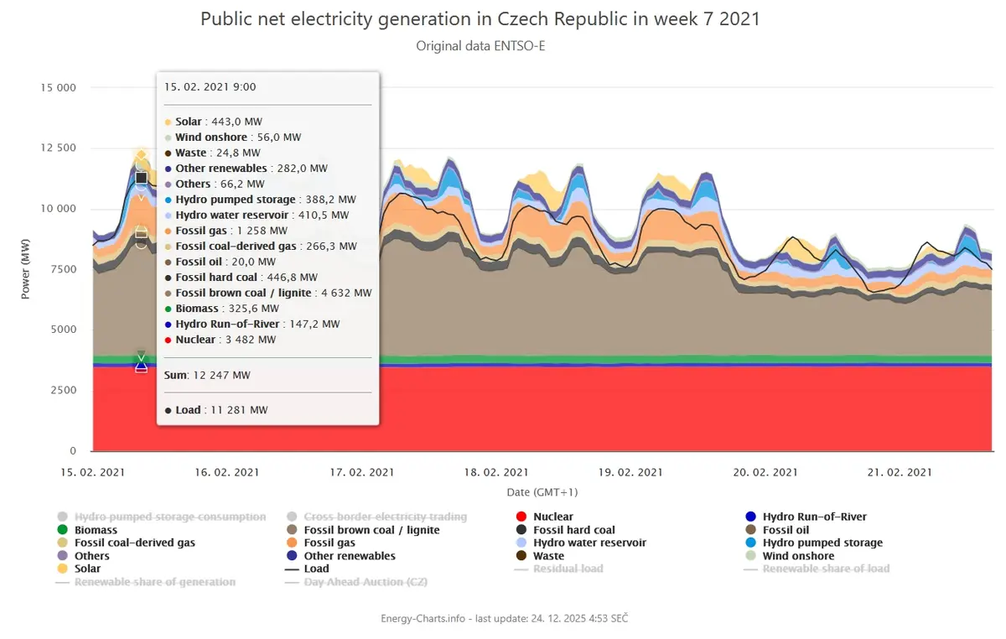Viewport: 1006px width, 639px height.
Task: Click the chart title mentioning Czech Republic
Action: click(x=480, y=19)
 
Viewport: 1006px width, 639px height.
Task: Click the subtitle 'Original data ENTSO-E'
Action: click(x=480, y=46)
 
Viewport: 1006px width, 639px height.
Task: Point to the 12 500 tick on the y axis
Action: click(x=59, y=148)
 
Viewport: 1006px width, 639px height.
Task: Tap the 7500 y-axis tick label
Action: click(x=64, y=268)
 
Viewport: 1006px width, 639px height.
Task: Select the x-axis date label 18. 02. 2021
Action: click(x=495, y=472)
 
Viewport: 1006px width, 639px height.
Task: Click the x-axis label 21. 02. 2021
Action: click(x=900, y=472)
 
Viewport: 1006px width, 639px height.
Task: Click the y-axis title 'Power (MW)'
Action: click(x=25, y=268)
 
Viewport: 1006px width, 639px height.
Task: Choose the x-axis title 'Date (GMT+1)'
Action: click(x=542, y=492)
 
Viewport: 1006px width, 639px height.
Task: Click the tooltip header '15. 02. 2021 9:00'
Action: click(x=210, y=86)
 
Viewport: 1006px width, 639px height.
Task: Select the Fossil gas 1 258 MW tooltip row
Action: click(x=226, y=231)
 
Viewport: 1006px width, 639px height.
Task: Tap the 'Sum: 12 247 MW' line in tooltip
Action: click(x=207, y=375)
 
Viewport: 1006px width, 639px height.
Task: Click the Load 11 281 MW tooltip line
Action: click(x=216, y=410)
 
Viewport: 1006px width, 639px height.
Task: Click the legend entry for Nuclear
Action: click(x=544, y=517)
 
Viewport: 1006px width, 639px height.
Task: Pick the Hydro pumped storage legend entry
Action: click(x=814, y=543)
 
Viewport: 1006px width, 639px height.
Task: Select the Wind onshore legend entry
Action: click(x=790, y=555)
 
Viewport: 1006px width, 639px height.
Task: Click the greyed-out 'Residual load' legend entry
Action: click(x=558, y=569)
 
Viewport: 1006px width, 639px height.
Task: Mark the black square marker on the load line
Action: click(x=142, y=178)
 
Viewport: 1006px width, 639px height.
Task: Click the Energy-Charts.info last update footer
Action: click(x=505, y=618)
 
